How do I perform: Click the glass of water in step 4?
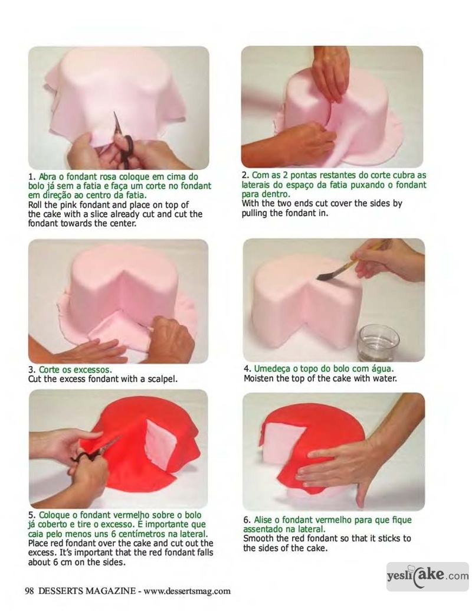tap(378, 342)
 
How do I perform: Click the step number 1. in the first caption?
tap(32, 177)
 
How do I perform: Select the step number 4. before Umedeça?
tap(247, 368)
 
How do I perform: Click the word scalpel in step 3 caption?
tap(162, 378)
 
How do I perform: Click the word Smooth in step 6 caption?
tap(257, 538)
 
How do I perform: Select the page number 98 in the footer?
tap(29, 591)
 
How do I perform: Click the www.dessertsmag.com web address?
tap(187, 591)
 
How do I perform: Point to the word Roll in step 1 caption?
tap(35, 205)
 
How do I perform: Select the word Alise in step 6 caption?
tap(263, 520)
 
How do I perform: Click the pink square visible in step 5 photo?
tap(160, 443)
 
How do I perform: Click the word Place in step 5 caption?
tap(37, 543)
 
